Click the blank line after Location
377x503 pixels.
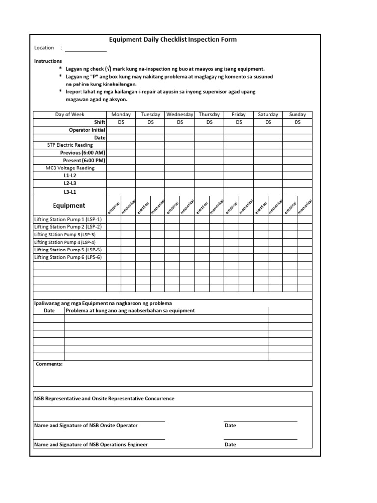coord(85,49)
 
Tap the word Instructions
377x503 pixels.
coord(48,61)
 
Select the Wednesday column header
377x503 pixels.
coord(180,114)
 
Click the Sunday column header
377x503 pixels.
coord(297,114)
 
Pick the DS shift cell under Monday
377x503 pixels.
coord(121,122)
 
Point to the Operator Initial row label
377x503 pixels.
coord(87,130)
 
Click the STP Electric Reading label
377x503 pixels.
coord(70,145)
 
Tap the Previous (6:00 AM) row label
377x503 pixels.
coord(82,153)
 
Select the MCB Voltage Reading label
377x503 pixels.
coord(70,168)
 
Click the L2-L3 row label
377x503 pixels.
coord(70,183)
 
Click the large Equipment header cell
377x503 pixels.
coord(69,206)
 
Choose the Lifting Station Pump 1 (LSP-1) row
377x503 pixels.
coord(68,219)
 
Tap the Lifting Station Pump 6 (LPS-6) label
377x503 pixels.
coord(68,257)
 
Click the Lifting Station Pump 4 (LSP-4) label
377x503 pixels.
coord(65,242)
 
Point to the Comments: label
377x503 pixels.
coord(49,364)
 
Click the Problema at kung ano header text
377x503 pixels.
coord(130,311)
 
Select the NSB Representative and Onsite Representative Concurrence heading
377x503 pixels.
coord(104,399)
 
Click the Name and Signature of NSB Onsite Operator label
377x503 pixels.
coord(86,426)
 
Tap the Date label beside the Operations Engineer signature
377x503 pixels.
coord(230,445)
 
